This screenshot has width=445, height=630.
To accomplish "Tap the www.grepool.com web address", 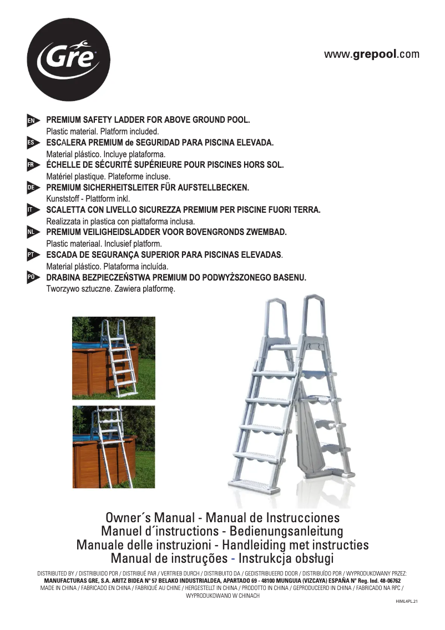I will (x=372, y=54).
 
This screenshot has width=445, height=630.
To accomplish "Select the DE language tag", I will (x=32, y=188).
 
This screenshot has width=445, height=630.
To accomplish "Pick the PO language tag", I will (x=32, y=277).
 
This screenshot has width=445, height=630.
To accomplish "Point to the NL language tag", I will (x=32, y=232).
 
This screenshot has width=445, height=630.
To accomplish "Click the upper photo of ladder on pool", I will (x=114, y=358).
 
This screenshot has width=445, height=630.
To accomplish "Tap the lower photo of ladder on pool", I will (x=114, y=447).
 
